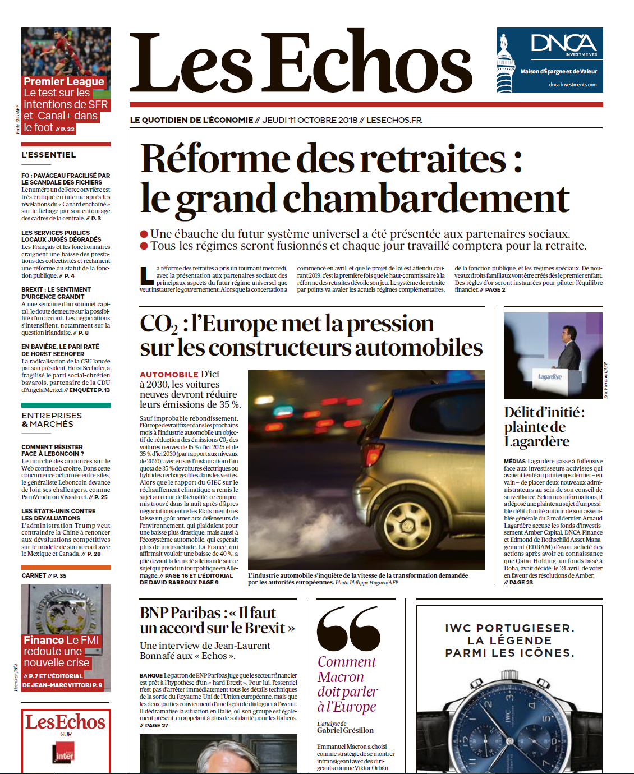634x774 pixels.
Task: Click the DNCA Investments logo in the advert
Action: [564, 44]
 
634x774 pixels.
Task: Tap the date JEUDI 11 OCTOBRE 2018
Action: [310, 120]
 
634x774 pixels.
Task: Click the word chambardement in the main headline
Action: [426, 199]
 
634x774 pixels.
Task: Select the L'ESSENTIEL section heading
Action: [49, 155]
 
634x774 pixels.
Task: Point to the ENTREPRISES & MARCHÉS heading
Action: [52, 420]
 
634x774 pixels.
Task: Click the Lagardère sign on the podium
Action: [549, 377]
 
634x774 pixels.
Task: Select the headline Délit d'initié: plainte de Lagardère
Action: [544, 427]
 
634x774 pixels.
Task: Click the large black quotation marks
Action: [348, 628]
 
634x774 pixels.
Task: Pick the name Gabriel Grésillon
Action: [345, 730]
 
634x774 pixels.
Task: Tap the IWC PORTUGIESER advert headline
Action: [509, 641]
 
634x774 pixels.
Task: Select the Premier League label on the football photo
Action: [64, 81]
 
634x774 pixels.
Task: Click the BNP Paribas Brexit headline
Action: [217, 620]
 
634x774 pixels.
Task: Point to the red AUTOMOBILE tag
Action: [168, 374]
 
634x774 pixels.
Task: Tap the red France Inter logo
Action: [63, 753]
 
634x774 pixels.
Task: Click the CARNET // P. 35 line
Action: [44, 575]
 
